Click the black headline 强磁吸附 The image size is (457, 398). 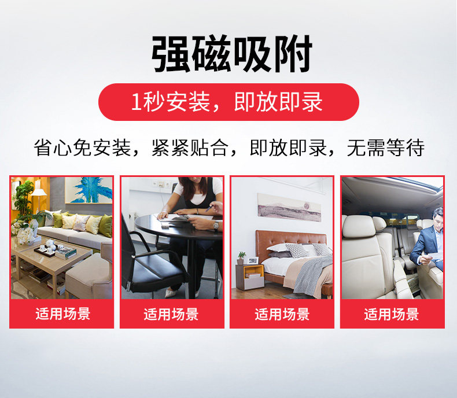tap(232, 54)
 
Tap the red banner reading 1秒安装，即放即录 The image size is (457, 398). tap(228, 102)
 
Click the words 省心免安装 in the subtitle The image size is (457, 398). tap(82, 148)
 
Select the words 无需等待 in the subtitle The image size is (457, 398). tap(385, 148)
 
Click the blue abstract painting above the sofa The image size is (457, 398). tap(89, 190)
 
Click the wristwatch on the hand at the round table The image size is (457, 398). tap(216, 225)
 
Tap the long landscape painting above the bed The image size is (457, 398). tap(289, 207)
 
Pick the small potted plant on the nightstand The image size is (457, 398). tap(241, 258)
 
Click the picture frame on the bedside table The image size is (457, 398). tap(253, 260)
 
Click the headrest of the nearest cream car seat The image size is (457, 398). tap(359, 226)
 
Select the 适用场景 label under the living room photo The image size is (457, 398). tap(63, 314)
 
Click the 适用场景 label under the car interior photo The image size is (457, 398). tap(392, 314)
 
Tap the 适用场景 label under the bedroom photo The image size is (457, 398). tap(282, 314)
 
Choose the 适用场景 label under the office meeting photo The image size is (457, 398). tap(171, 314)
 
